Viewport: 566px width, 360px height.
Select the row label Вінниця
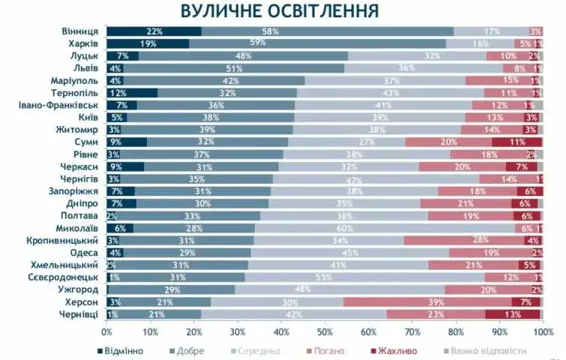click(79, 31)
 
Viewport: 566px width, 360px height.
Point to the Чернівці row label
click(79, 313)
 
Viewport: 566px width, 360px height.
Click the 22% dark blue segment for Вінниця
click(154, 31)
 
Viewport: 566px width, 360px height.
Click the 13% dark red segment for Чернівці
click(512, 313)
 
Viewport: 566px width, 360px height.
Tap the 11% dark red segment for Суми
click(516, 141)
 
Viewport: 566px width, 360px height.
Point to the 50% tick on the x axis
click(325, 331)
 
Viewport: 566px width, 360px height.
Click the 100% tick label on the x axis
click(542, 331)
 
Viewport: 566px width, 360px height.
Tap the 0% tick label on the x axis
click(106, 331)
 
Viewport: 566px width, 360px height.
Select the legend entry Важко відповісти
click(487, 349)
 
